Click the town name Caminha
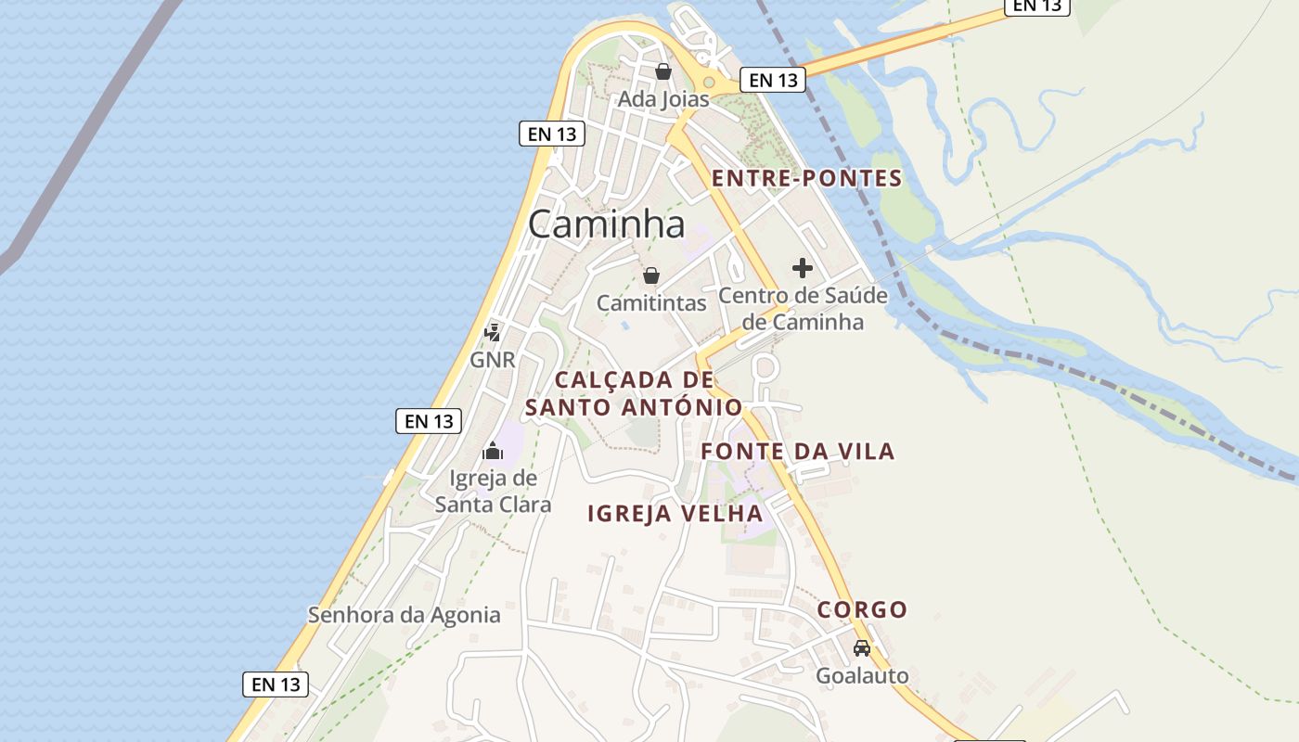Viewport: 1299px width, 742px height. tap(607, 224)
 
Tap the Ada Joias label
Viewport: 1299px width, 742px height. tap(663, 99)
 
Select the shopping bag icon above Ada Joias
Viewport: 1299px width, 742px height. tap(663, 71)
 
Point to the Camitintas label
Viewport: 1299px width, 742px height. tap(651, 303)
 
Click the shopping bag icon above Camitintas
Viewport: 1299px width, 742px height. tap(651, 275)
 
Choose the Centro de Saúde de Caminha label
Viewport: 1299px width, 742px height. tap(804, 309)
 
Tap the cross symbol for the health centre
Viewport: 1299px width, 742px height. tap(803, 269)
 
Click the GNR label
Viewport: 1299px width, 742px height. tap(492, 360)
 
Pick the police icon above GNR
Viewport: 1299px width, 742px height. tap(493, 332)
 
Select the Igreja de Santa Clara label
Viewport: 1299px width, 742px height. tap(493, 492)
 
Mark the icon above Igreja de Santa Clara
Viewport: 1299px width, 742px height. tap(492, 452)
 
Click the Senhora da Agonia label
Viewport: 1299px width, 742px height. tap(404, 615)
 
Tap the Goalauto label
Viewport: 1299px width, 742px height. tap(862, 675)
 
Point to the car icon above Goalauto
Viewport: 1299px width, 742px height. tap(862, 647)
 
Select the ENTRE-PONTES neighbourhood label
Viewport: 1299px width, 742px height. tap(806, 179)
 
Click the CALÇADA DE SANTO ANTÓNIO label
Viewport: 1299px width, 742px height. tap(634, 393)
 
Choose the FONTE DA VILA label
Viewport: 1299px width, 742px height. tap(797, 452)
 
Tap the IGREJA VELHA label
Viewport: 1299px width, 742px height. tap(675, 514)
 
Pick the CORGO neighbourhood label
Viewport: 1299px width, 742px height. tap(862, 610)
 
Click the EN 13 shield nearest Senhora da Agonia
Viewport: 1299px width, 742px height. tap(276, 684)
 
